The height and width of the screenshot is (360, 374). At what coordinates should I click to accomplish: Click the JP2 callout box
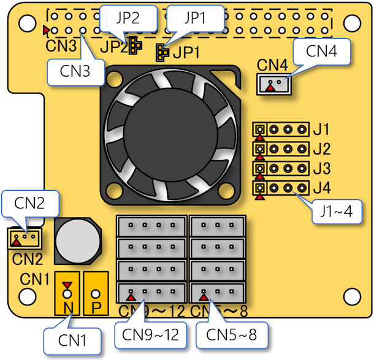pos(124,18)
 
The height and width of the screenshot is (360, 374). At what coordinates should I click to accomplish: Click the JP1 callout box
pos(194,18)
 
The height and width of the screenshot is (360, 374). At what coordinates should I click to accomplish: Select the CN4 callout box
pos(322,52)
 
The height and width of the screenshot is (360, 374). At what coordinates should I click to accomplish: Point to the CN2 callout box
pos(30,203)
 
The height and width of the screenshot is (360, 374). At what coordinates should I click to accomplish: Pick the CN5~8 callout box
pos(231,335)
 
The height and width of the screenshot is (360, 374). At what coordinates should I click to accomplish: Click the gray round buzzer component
pos(76,240)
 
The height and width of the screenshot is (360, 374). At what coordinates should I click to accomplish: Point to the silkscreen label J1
pos(321,129)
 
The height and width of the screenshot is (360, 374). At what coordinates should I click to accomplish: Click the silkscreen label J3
pos(321,167)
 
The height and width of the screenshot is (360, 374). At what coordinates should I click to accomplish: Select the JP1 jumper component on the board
pos(162,53)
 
